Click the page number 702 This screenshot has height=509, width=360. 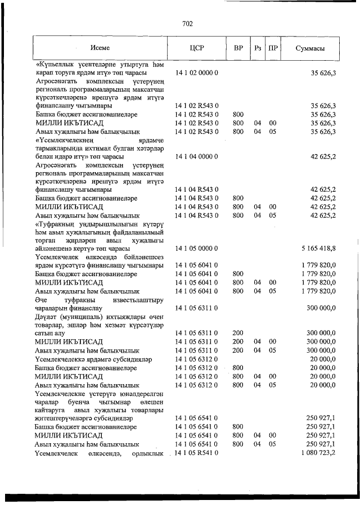[188, 23]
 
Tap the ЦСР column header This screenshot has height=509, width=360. [197, 48]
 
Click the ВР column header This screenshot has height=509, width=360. [238, 48]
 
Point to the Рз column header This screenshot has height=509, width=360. [258, 48]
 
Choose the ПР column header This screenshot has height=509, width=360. [273, 48]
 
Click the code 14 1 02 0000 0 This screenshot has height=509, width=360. [197, 74]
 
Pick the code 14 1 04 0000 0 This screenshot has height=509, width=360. [197, 156]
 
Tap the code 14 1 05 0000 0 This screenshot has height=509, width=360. [197, 247]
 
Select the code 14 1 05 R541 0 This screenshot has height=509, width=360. [197, 453]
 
